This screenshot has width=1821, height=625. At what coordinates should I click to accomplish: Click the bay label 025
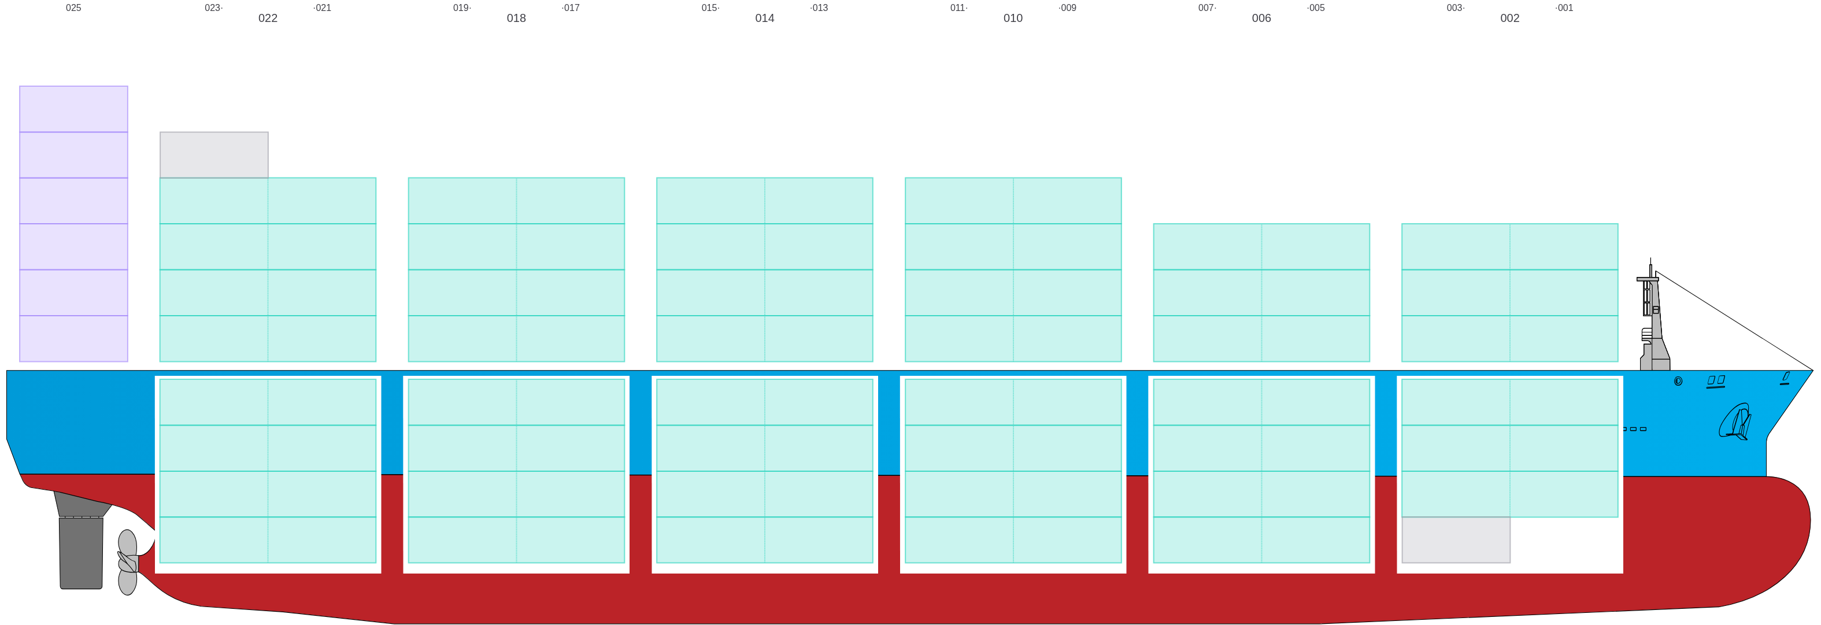tap(73, 8)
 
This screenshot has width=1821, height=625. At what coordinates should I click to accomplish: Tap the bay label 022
tap(268, 19)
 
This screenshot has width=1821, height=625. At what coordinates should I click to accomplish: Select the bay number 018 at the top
tap(516, 19)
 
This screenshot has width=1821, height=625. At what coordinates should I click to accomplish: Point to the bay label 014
tap(764, 19)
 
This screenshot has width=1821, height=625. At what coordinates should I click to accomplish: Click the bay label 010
tap(1012, 19)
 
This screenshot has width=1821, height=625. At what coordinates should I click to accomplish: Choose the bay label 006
tap(1261, 19)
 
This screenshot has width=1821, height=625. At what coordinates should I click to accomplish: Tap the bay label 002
tap(1509, 19)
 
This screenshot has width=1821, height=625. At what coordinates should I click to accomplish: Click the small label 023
tap(213, 8)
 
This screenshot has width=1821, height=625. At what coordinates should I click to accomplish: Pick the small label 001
tap(1564, 8)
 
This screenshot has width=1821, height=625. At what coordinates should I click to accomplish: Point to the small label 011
tap(958, 8)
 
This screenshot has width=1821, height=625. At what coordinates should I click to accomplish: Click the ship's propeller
tap(127, 562)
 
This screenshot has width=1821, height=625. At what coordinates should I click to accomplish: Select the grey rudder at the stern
tap(82, 548)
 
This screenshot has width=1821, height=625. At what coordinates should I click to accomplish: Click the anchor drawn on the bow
tap(1735, 422)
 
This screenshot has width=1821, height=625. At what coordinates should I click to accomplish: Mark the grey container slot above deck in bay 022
tap(213, 155)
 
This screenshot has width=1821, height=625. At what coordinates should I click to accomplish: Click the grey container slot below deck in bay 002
tap(1456, 540)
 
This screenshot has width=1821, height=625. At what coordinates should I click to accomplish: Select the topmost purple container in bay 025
tap(73, 109)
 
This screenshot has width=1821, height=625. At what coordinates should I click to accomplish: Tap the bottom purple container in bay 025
tap(73, 339)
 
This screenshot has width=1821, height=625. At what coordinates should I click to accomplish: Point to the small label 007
tap(1206, 8)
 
